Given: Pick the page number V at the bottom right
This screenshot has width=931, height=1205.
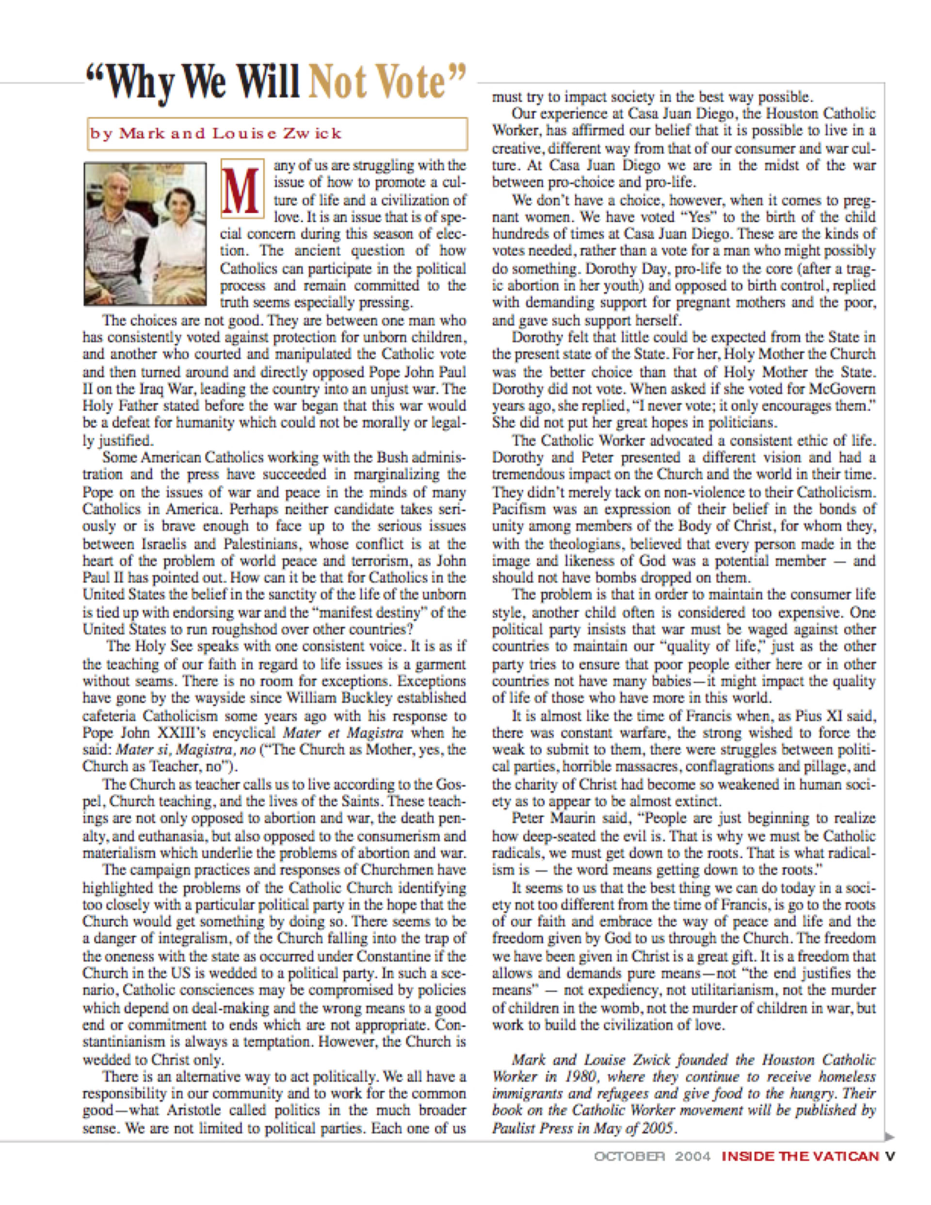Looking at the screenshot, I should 890,1156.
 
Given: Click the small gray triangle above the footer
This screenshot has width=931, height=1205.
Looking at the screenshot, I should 889,1136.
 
